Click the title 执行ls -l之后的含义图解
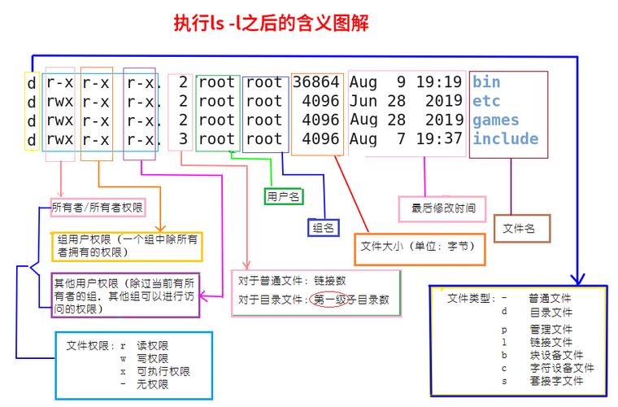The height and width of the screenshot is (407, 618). click(271, 24)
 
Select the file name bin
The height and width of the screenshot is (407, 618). click(486, 82)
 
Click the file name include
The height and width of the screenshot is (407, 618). click(505, 138)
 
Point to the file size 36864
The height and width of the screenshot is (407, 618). click(316, 82)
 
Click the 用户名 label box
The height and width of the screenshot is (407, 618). click(284, 196)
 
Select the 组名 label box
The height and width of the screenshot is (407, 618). click(323, 228)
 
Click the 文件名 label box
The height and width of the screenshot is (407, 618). click(520, 229)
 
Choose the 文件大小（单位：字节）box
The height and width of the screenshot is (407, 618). click(418, 246)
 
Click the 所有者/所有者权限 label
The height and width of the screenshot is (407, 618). click(98, 208)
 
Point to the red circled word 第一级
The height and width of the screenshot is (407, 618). click(329, 300)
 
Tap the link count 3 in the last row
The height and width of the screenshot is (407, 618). click(183, 138)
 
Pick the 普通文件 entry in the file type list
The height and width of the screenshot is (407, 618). click(550, 299)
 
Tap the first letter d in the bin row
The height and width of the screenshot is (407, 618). click(31, 82)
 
